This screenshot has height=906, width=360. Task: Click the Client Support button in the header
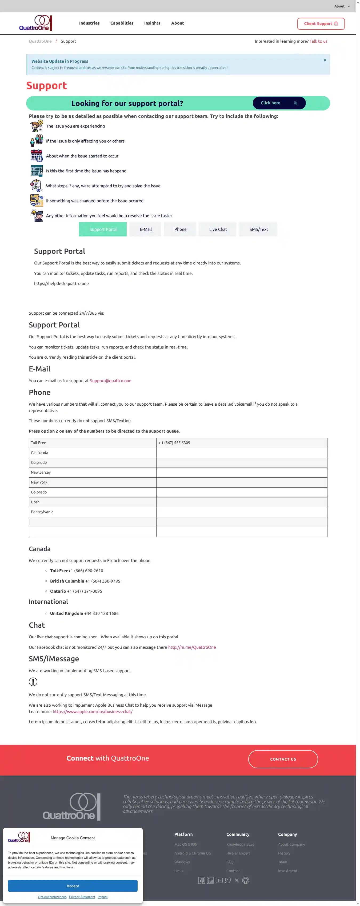pyautogui.click(x=321, y=23)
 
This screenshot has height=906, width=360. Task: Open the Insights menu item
pyautogui.click(x=152, y=23)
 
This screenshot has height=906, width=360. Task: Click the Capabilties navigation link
pyautogui.click(x=122, y=23)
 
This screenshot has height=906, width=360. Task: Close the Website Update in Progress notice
pyautogui.click(x=325, y=60)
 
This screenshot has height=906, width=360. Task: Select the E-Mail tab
pyautogui.click(x=146, y=229)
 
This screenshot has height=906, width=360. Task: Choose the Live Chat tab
pyautogui.click(x=218, y=229)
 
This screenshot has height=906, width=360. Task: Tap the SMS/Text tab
pyautogui.click(x=258, y=229)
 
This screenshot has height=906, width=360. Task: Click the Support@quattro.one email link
pyautogui.click(x=110, y=381)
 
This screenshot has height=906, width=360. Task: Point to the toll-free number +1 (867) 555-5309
pyautogui.click(x=174, y=443)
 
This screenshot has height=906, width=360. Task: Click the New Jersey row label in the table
pyautogui.click(x=41, y=472)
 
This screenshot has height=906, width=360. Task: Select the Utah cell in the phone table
pyautogui.click(x=35, y=502)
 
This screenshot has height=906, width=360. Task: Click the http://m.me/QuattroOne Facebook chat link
pyautogui.click(x=192, y=647)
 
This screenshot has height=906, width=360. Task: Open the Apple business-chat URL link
pyautogui.click(x=93, y=711)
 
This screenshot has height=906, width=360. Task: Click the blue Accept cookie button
pyautogui.click(x=73, y=886)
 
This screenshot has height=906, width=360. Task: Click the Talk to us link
pyautogui.click(x=318, y=41)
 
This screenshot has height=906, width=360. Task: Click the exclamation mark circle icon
pyautogui.click(x=33, y=682)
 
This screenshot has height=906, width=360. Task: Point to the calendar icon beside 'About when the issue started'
pyautogui.click(x=36, y=156)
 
